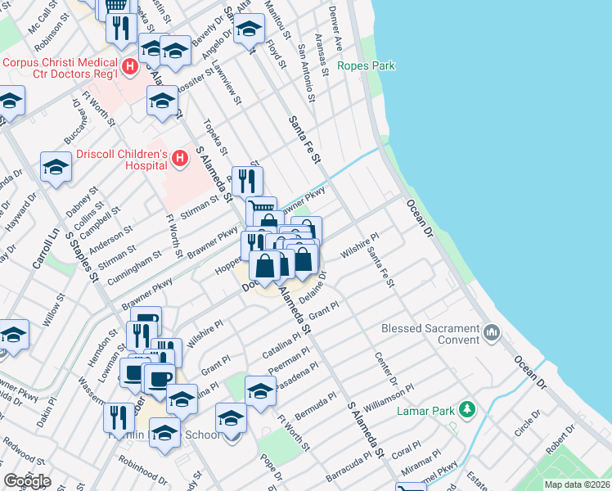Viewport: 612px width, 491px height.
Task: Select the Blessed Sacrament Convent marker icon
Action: [491, 331]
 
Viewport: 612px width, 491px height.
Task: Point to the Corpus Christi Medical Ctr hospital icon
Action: [128, 65]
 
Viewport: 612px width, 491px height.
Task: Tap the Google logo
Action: [27, 481]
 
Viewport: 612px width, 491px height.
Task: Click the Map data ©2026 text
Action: [577, 484]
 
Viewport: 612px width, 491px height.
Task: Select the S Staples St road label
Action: [81, 255]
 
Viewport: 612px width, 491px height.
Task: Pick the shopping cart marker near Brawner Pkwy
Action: [261, 211]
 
